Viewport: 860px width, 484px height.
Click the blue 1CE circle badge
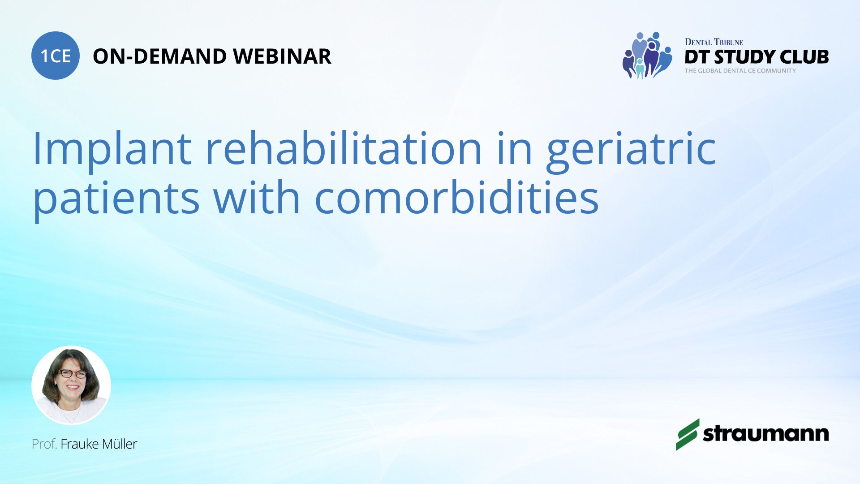[x=56, y=56]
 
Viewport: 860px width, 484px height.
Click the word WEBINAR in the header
[x=282, y=56]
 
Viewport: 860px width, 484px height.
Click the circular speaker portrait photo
[x=71, y=385]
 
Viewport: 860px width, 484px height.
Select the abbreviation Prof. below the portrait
[x=44, y=444]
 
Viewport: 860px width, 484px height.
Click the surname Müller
[x=120, y=444]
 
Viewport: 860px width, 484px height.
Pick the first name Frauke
[x=80, y=444]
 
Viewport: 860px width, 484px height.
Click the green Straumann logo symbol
[x=687, y=434]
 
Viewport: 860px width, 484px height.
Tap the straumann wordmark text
[x=766, y=433]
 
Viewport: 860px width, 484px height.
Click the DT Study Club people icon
[x=647, y=55]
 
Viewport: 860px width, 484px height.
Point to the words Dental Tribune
[x=714, y=42]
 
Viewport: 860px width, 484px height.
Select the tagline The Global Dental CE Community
[x=740, y=71]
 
